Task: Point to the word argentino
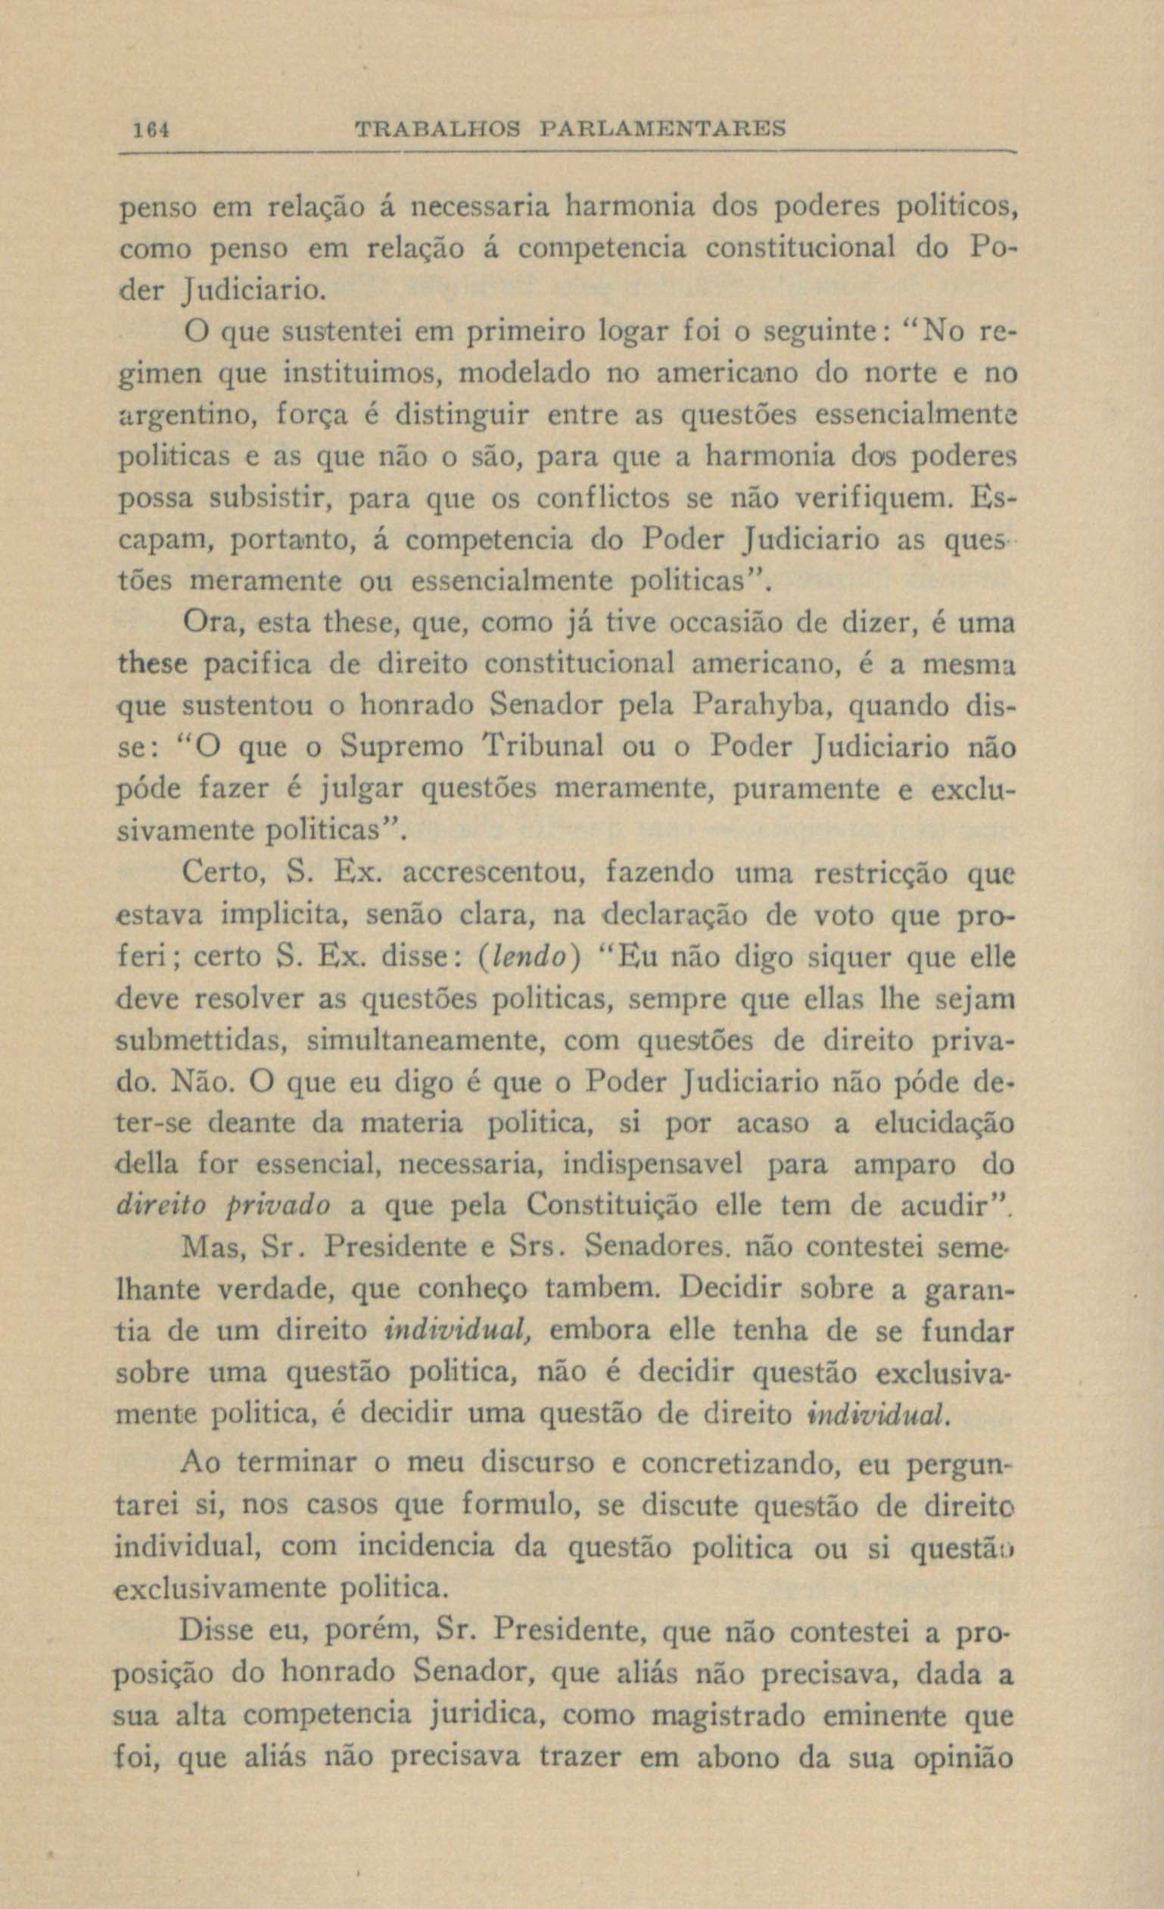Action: [187, 416]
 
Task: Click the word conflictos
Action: [603, 499]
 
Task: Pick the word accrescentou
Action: [496, 873]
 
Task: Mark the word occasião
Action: [723, 623]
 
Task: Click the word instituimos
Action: [360, 375]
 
